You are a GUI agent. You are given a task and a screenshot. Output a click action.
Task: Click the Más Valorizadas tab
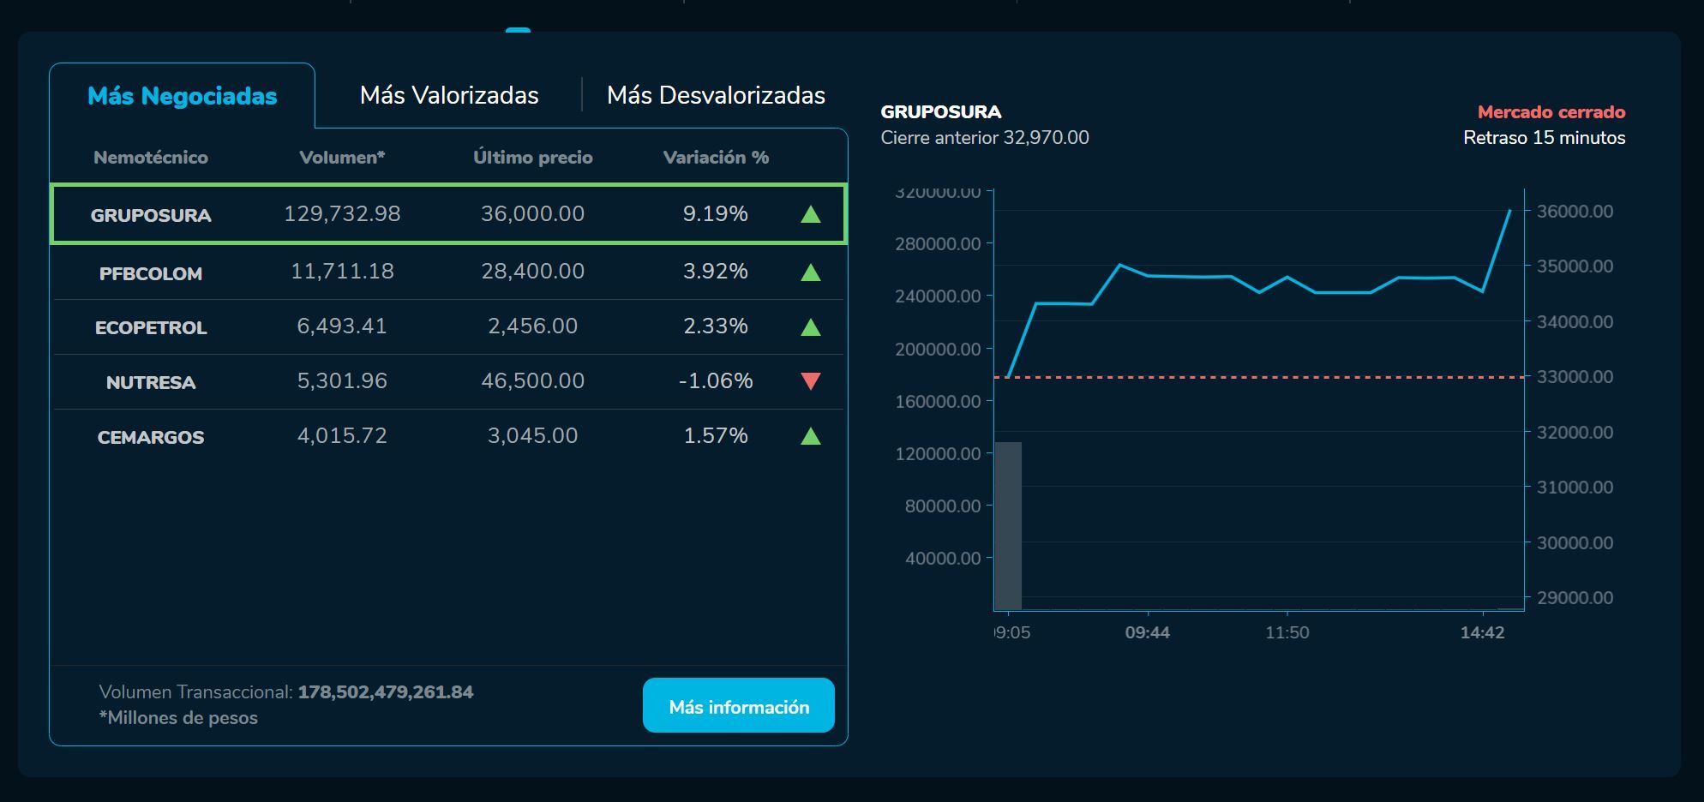coord(449,95)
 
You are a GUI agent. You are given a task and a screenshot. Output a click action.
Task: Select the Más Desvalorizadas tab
coord(716,95)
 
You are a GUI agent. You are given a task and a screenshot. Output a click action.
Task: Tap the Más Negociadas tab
coord(182,96)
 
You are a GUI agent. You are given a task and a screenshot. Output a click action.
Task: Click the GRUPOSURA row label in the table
coord(151,215)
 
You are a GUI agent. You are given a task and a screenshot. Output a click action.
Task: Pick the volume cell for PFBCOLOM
coord(342,272)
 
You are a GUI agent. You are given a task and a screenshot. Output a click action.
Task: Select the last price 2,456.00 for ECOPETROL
coord(532,326)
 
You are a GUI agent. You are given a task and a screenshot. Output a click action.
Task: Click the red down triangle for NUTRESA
coord(810,381)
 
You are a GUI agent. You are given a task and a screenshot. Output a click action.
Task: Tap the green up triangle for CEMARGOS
coord(810,436)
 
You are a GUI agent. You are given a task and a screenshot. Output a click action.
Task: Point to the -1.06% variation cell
coord(716,381)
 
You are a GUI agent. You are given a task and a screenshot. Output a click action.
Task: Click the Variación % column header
coord(716,158)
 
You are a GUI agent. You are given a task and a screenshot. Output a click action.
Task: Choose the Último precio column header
coord(532,158)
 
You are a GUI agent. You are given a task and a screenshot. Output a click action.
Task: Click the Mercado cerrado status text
coord(1551,112)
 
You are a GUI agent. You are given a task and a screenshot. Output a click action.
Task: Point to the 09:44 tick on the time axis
coord(1147,632)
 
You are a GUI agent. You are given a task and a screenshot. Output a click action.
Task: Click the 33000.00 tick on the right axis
coord(1575,377)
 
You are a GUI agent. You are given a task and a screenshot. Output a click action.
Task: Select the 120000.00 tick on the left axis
coord(938,454)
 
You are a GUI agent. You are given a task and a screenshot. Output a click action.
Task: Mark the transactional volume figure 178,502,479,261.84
coord(385,692)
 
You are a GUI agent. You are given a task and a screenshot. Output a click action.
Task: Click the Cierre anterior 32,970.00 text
coord(985,138)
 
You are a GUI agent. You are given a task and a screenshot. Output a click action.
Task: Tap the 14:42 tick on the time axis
coord(1482,632)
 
